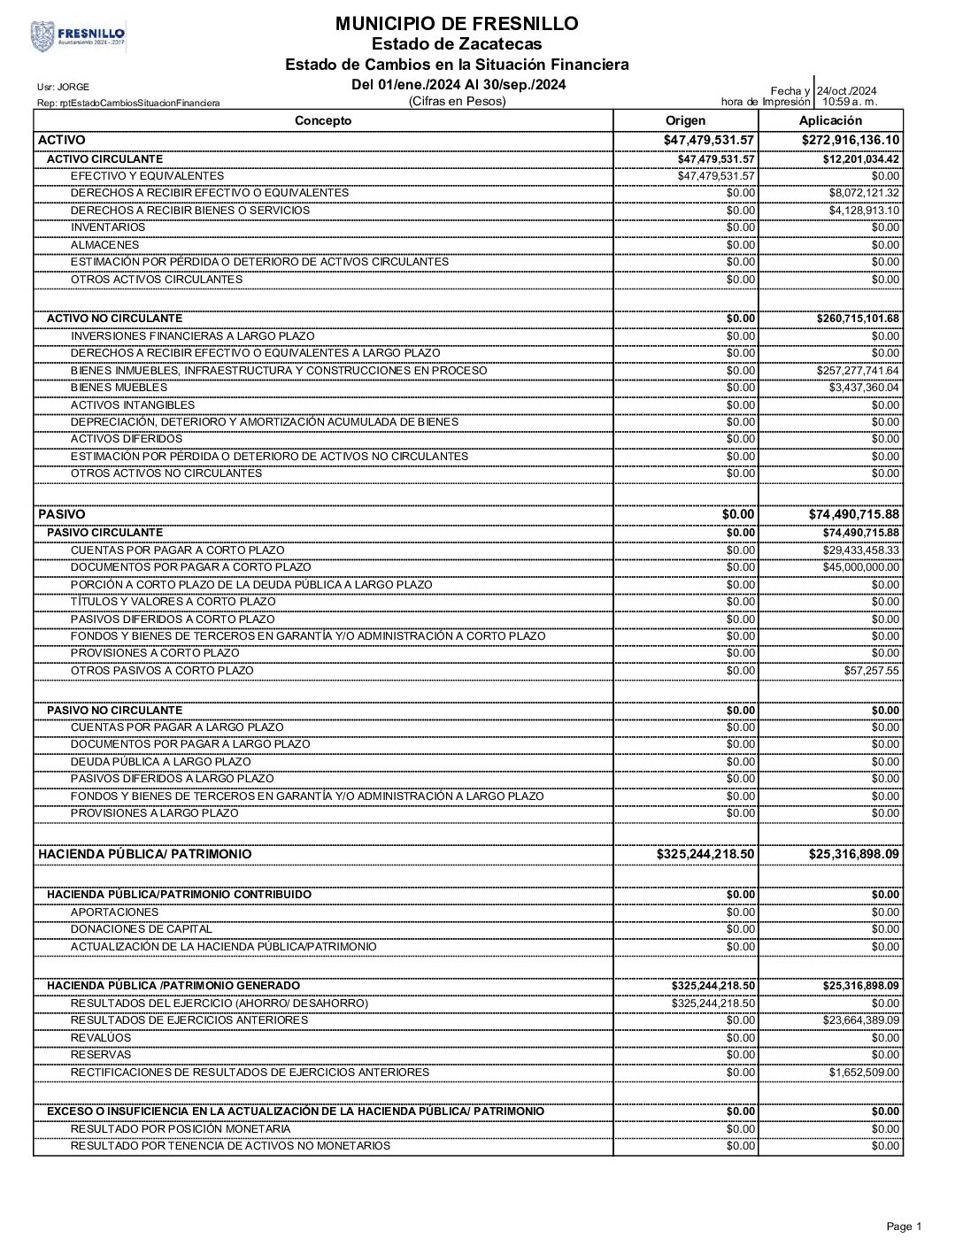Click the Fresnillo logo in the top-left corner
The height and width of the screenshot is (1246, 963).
(x=78, y=36)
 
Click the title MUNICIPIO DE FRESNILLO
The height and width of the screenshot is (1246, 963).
(x=457, y=24)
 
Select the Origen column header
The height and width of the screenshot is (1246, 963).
(x=685, y=120)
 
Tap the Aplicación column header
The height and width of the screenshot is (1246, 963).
(x=829, y=120)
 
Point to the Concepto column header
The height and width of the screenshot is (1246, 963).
(x=322, y=120)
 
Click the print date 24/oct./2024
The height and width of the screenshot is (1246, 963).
(x=846, y=90)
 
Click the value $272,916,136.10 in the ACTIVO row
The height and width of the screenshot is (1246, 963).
(x=850, y=140)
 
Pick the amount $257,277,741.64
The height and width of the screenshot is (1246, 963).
(x=857, y=371)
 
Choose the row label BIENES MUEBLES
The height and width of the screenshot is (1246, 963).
(x=119, y=388)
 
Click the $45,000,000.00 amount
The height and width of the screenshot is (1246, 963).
(x=860, y=567)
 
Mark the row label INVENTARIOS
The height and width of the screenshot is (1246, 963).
(x=108, y=227)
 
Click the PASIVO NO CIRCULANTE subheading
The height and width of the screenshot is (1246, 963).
(x=114, y=710)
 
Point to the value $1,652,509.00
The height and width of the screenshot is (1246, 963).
(x=863, y=1073)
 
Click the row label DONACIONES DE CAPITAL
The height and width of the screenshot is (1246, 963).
(x=142, y=929)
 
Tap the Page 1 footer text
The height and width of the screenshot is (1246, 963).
(x=903, y=1227)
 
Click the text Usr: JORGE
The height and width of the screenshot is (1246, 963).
(x=63, y=87)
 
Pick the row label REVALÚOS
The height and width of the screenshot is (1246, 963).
(x=101, y=1038)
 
